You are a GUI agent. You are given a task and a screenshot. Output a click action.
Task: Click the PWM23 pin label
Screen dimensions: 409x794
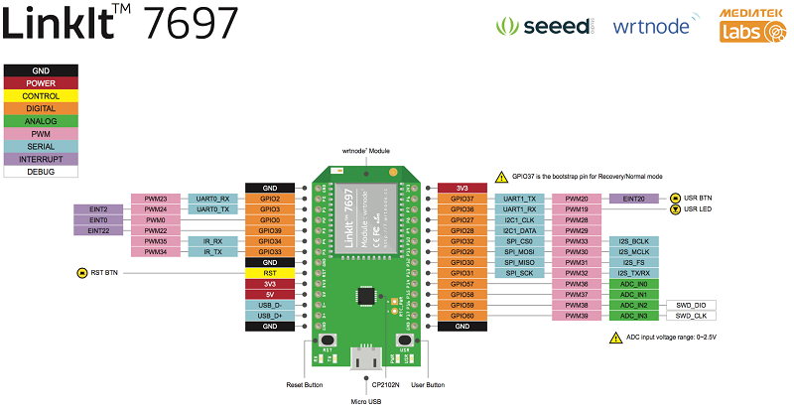point(155,199)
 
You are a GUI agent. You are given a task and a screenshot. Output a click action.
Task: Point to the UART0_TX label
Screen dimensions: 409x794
point(212,209)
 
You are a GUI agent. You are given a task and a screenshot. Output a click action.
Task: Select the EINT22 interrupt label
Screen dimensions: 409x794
point(98,230)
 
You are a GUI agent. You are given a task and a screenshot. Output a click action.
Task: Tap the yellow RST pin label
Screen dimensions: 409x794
point(270,272)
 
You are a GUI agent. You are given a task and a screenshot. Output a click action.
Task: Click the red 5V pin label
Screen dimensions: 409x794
point(270,294)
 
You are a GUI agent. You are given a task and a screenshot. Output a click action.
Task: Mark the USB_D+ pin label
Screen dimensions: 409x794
point(270,315)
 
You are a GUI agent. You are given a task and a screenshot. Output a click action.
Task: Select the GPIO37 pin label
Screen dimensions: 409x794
point(462,199)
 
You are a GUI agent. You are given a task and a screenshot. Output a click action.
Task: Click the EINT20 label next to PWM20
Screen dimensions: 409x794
point(634,199)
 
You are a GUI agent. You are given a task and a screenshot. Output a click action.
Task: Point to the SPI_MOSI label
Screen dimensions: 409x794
point(520,252)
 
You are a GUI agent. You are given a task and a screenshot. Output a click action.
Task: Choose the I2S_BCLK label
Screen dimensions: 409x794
point(634,241)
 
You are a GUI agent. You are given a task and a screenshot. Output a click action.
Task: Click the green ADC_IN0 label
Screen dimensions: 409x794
point(634,284)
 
